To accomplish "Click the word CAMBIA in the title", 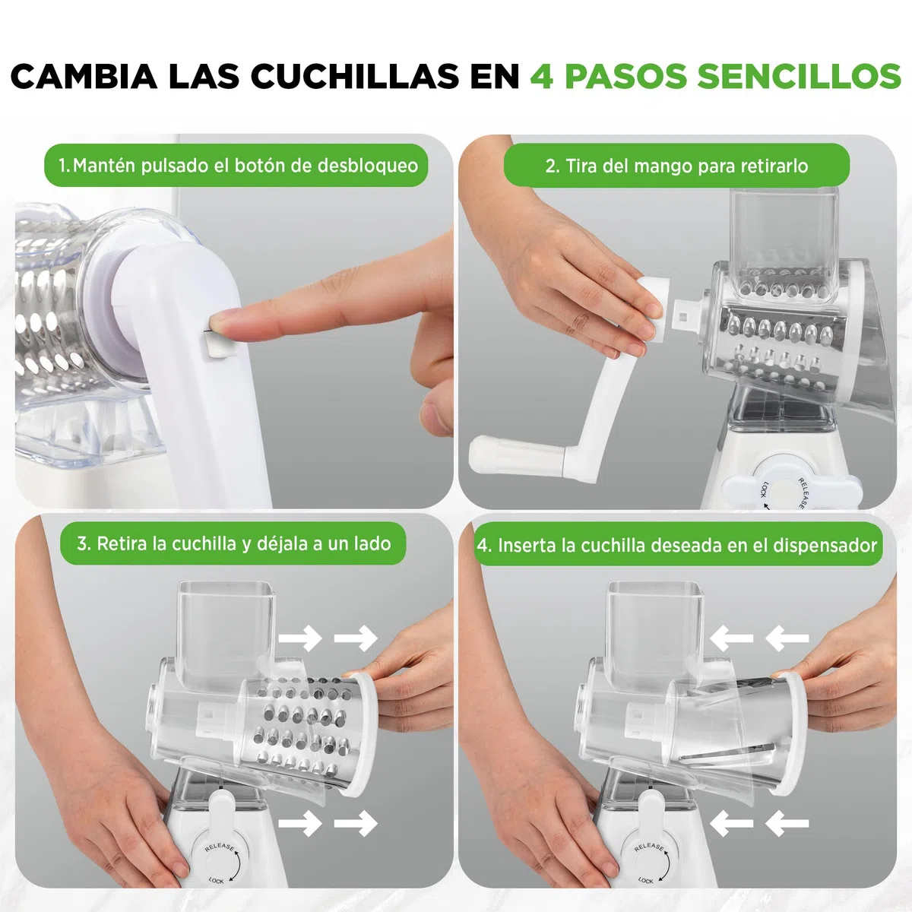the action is click(84, 76).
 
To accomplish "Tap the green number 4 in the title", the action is click(542, 76).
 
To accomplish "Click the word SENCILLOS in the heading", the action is click(800, 76).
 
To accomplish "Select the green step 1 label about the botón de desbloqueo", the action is click(236, 165).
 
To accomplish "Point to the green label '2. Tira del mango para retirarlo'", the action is click(676, 166).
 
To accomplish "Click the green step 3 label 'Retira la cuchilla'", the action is click(233, 543).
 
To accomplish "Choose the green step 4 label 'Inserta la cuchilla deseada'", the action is click(677, 545).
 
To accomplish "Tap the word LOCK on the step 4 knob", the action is click(645, 880).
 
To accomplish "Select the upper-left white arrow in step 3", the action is click(300, 638).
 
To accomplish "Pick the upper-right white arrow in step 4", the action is click(787, 638).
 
